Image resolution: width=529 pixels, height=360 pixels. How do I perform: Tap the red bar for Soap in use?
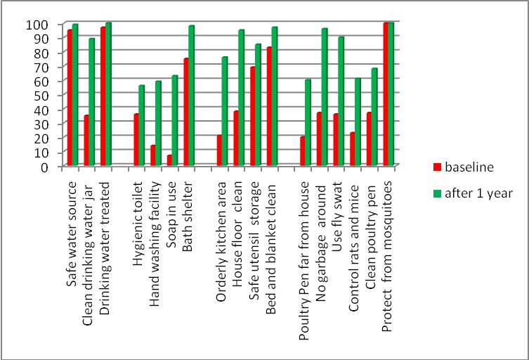pos(169,161)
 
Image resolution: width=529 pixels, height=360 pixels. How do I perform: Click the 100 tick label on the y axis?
pos(41,25)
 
